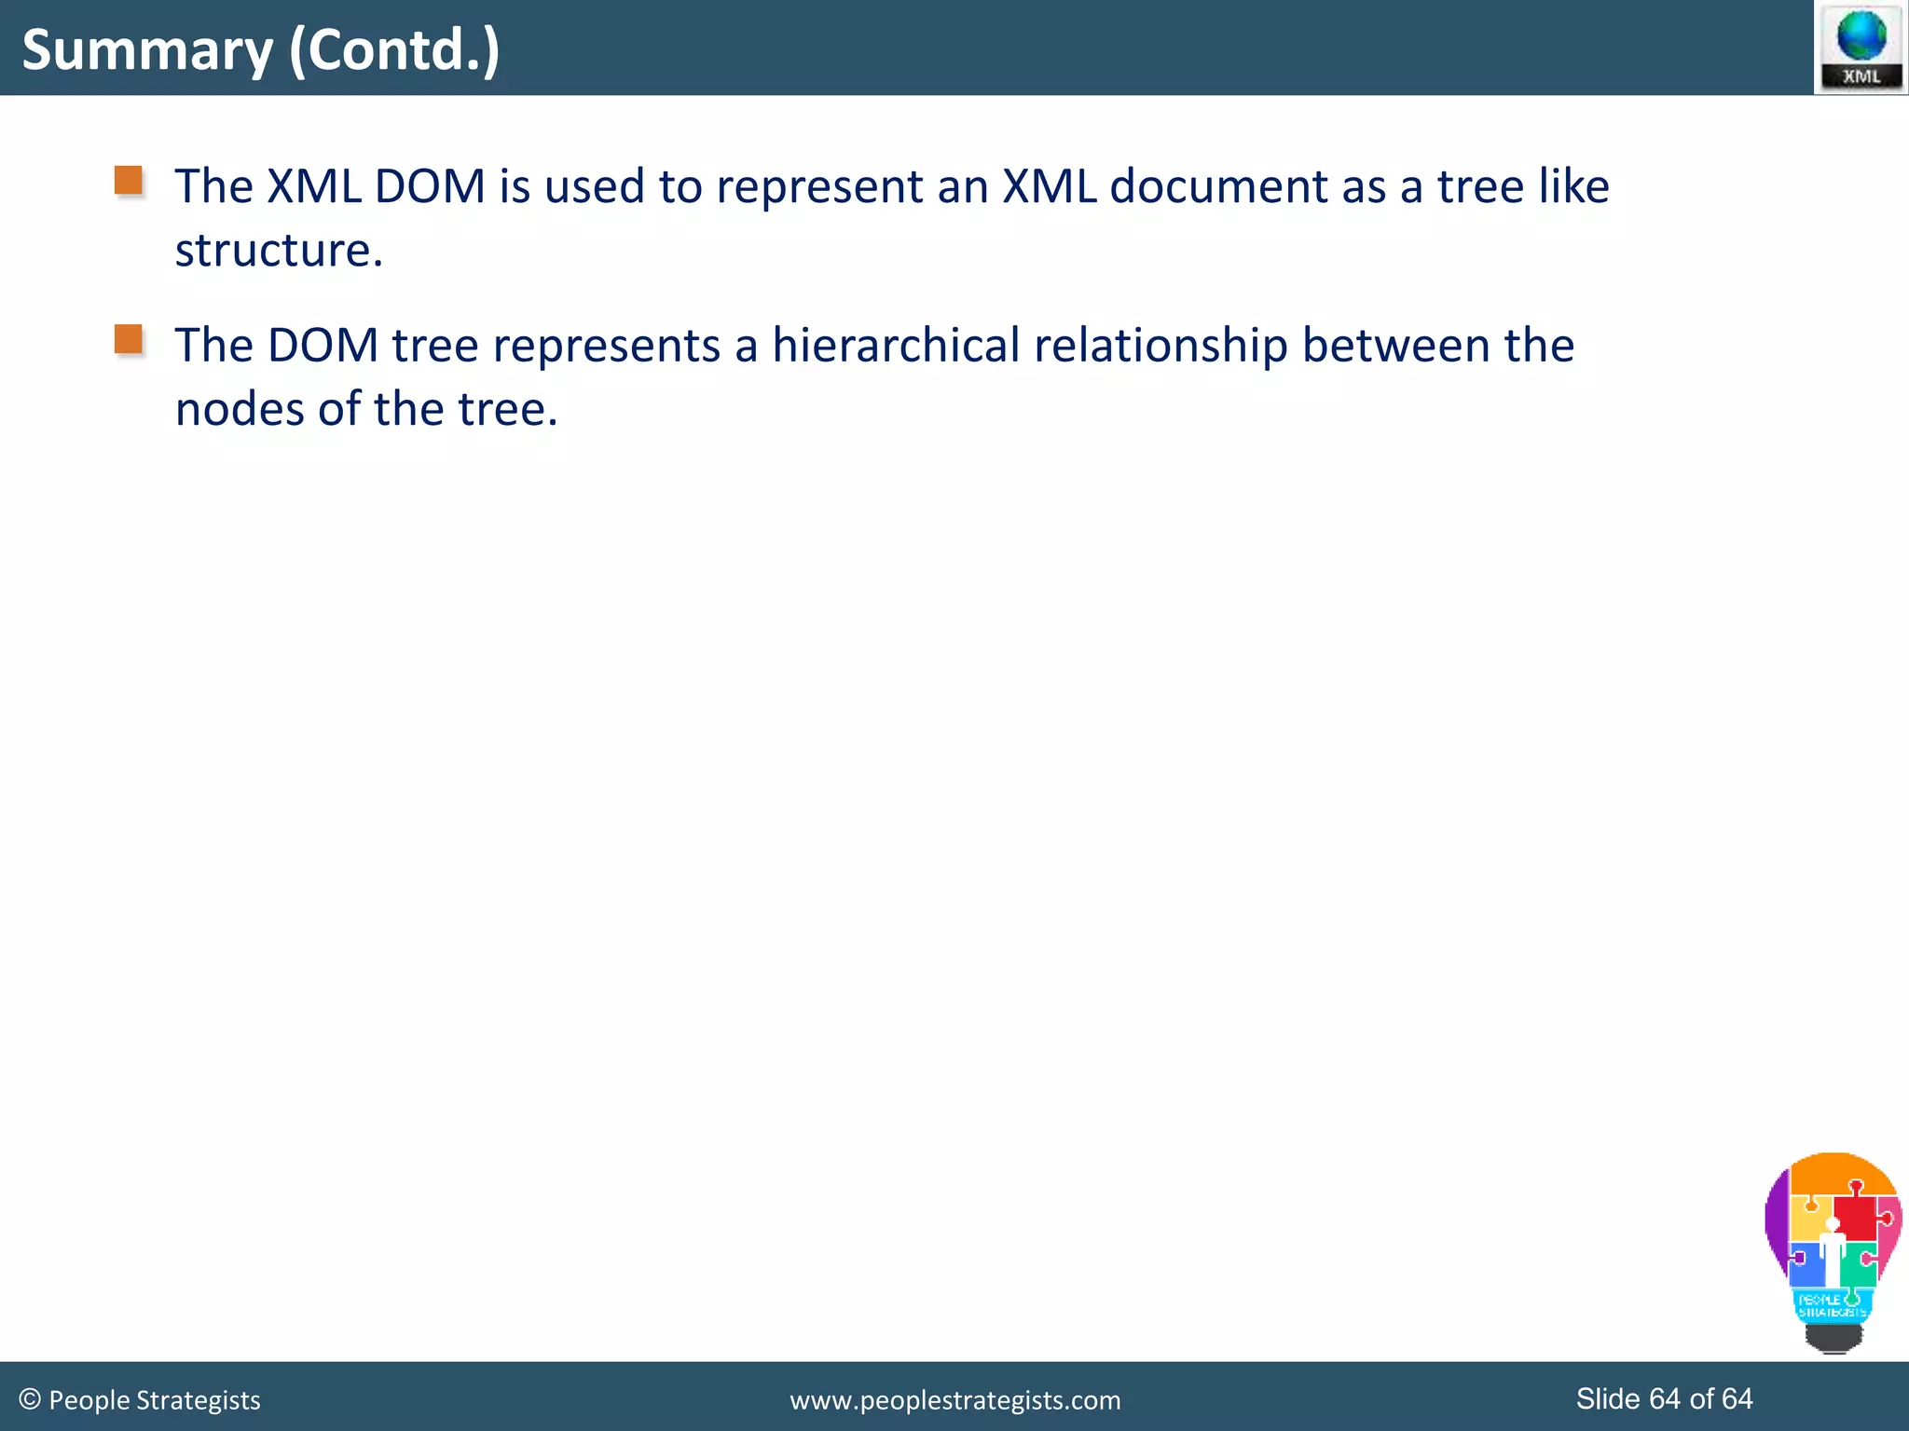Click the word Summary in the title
pos(147,50)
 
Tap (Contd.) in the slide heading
pos(394,50)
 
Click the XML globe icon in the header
pos(1861,47)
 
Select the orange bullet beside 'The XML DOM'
pos(129,180)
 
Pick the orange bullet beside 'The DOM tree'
pos(129,339)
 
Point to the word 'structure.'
pos(279,251)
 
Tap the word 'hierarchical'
pos(896,346)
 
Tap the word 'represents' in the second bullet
pos(606,346)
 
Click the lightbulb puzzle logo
pos(1833,1249)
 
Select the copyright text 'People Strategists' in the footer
pos(155,1400)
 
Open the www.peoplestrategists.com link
pos(954,1400)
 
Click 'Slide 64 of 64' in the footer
pos(1664,1398)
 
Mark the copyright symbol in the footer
pos(29,1399)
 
